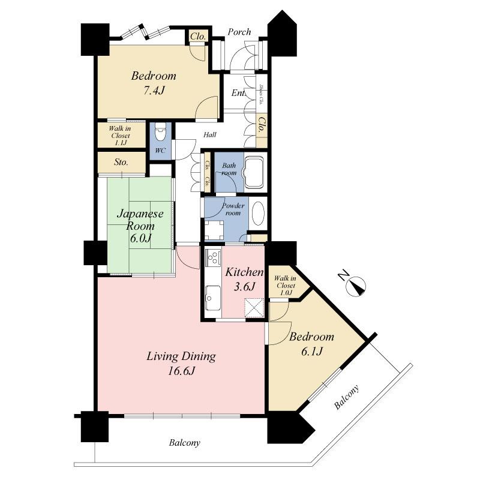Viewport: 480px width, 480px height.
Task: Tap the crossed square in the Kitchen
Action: tap(253, 308)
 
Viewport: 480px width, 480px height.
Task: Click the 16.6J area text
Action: tap(181, 371)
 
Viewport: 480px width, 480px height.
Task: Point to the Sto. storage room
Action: tap(122, 163)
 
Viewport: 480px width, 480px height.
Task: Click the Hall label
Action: tap(211, 136)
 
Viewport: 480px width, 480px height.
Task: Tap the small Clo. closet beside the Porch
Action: tap(198, 37)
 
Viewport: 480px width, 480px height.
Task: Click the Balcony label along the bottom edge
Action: tap(184, 443)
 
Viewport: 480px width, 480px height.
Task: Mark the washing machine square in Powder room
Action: tap(213, 229)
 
